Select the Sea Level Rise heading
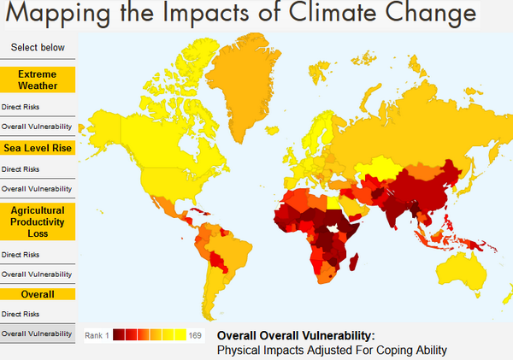(x=38, y=148)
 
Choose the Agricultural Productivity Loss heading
(x=38, y=221)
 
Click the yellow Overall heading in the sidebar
(x=38, y=294)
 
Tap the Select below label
(x=38, y=48)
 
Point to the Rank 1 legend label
(x=97, y=335)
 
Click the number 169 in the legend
(x=195, y=335)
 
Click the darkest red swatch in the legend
(x=119, y=334)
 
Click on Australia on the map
(x=462, y=266)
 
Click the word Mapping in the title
(x=56, y=15)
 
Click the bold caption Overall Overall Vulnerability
(x=296, y=336)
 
